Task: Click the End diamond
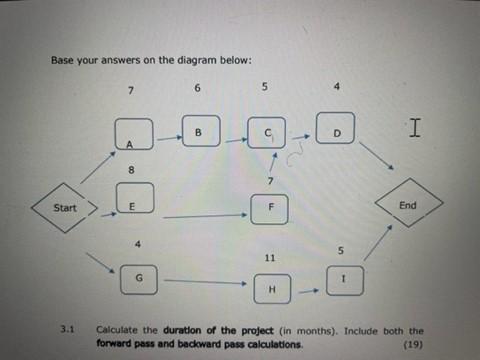(x=407, y=205)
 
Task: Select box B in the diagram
(x=199, y=130)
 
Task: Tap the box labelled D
(x=336, y=131)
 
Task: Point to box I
(x=342, y=282)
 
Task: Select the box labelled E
(x=136, y=203)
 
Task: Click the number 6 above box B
(x=198, y=88)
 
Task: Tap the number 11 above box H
(x=270, y=257)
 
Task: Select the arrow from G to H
(x=204, y=284)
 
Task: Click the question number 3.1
(x=68, y=328)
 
